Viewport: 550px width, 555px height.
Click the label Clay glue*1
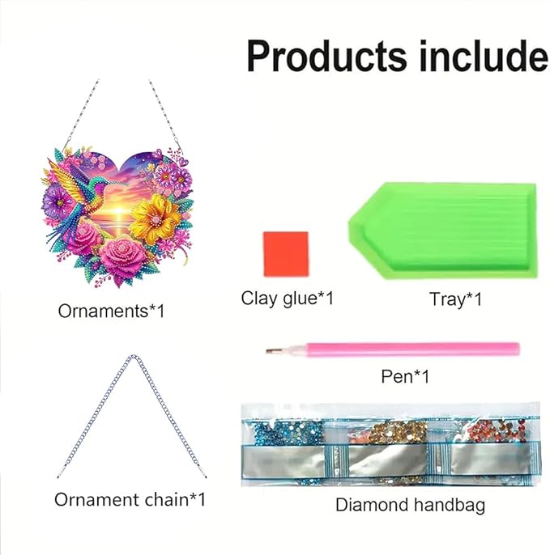point(287,298)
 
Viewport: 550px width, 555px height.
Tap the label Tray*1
point(455,299)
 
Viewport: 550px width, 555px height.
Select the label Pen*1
point(405,376)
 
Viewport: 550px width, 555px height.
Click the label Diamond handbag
point(410,506)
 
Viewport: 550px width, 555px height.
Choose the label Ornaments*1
point(112,309)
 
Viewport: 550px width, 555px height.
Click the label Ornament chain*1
point(130,499)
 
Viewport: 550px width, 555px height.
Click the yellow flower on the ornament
point(156,217)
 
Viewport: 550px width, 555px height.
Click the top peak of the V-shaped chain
point(130,358)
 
